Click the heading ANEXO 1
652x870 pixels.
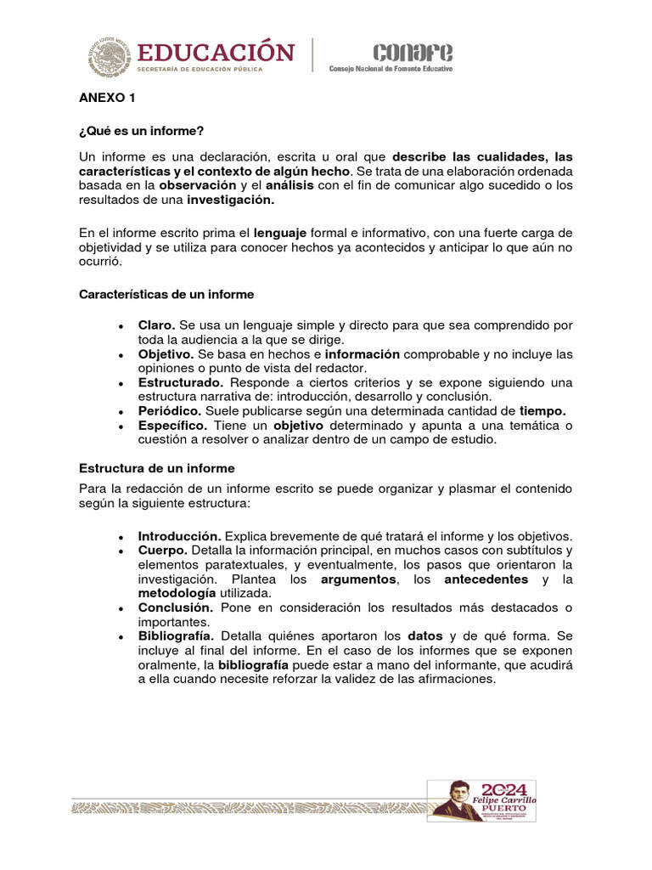click(x=107, y=99)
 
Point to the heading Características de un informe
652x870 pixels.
click(x=166, y=294)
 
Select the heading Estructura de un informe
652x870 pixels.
click(x=156, y=468)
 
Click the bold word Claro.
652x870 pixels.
click(x=157, y=325)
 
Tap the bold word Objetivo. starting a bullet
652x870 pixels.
click(x=166, y=353)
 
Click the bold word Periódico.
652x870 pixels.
click(x=170, y=410)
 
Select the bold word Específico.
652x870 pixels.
click(x=173, y=425)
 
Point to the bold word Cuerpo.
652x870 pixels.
click(x=163, y=551)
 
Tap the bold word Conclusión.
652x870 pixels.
click(x=176, y=607)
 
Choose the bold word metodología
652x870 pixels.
click(x=177, y=593)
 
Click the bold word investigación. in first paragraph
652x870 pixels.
click(x=231, y=201)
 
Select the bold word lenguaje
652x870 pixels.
click(x=281, y=233)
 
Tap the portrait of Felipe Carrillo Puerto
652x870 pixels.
click(x=458, y=799)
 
